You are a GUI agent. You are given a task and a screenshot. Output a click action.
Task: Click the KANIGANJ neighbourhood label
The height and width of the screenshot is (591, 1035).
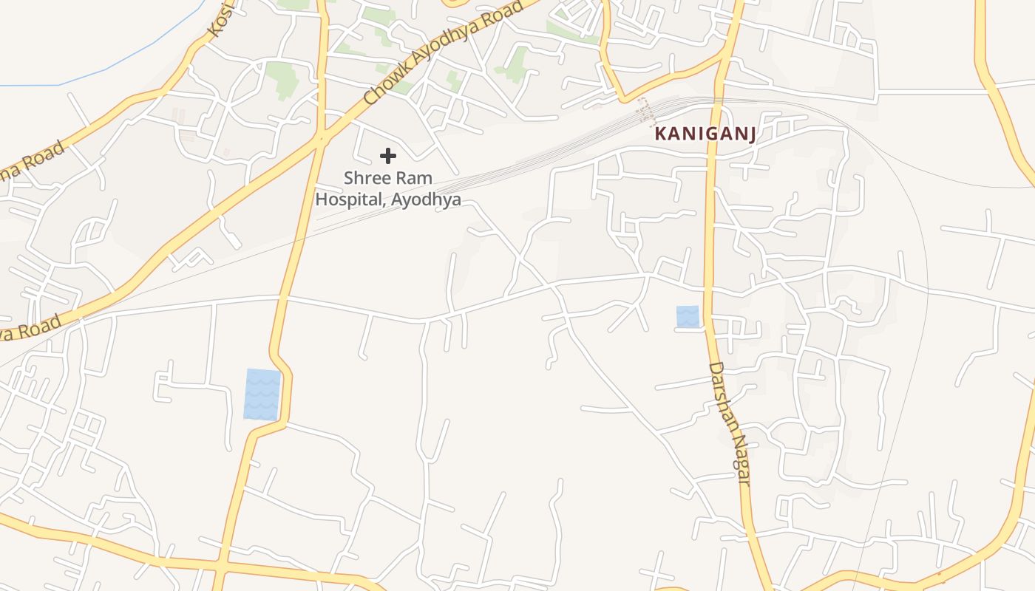(x=703, y=134)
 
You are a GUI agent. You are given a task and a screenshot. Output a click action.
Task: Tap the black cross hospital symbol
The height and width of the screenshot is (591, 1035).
(x=388, y=156)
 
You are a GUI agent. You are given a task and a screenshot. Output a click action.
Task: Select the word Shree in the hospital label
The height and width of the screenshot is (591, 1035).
(x=367, y=179)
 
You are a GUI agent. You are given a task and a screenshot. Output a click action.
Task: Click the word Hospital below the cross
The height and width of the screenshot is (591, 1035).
(x=350, y=199)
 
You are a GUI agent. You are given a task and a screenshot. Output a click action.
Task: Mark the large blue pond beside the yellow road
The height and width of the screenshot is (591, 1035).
(x=262, y=394)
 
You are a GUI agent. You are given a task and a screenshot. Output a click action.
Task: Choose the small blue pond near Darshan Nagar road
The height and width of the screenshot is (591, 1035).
(x=688, y=317)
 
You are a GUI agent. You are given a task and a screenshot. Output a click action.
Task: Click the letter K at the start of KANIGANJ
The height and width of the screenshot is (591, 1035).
(x=660, y=134)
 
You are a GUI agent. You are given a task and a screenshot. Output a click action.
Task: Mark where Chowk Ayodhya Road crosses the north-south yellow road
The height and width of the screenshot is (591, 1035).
(x=321, y=137)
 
